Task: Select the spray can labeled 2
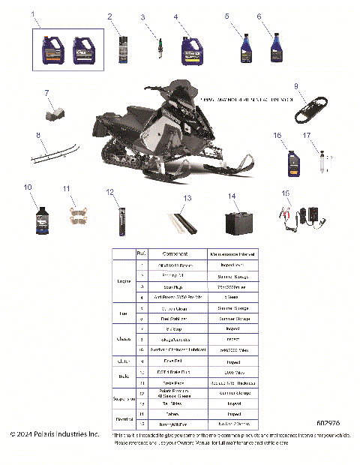pyautogui.click(x=123, y=48)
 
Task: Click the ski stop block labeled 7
pyautogui.click(x=55, y=113)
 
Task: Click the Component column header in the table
pyautogui.click(x=169, y=254)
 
